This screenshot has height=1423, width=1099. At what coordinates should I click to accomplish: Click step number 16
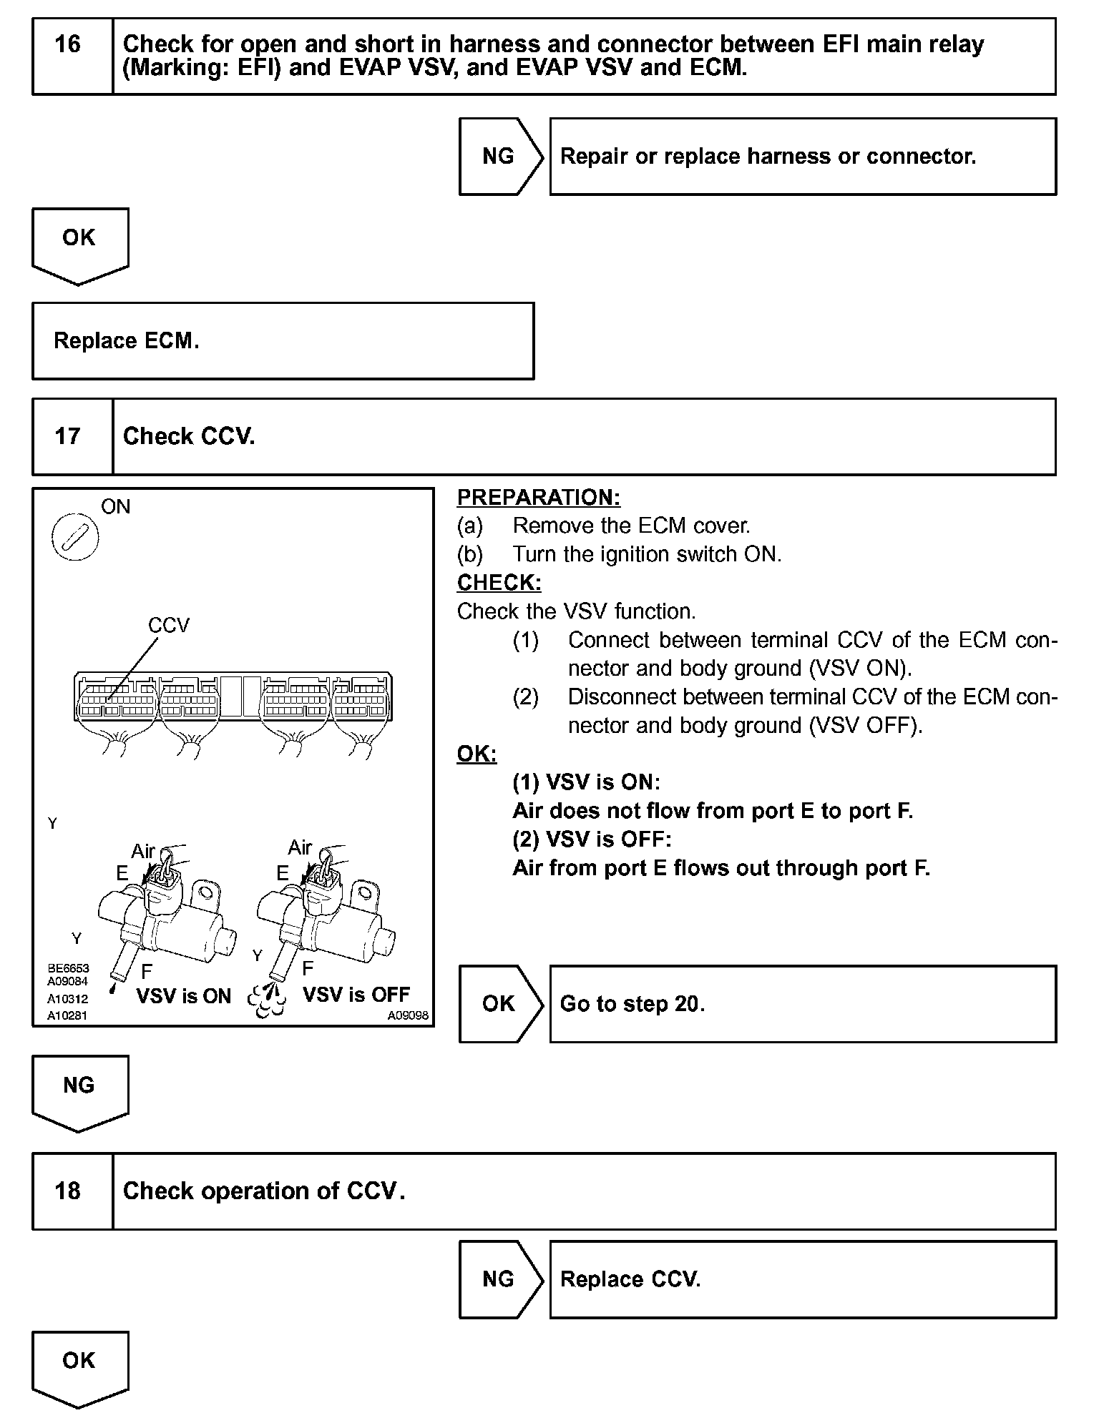[68, 44]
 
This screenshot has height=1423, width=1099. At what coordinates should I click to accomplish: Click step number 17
[68, 436]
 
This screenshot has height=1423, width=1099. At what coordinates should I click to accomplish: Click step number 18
[68, 1191]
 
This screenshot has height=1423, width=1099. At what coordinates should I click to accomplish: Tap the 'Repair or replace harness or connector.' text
[768, 157]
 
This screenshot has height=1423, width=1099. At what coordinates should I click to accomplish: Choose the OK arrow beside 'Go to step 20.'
[499, 1003]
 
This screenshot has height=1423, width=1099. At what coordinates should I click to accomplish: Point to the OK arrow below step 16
[79, 243]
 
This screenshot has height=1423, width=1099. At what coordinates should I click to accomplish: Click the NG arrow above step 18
[79, 1090]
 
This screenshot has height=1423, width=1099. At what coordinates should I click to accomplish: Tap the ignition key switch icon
[75, 537]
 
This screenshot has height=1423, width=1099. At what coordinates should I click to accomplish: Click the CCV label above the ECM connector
[169, 626]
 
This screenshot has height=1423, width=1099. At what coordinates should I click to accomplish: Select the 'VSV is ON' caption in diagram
[184, 996]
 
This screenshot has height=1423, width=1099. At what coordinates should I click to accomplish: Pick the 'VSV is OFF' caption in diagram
[356, 995]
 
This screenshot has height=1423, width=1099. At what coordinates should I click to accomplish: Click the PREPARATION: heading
[538, 497]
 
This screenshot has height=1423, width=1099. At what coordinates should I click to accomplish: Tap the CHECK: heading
[499, 583]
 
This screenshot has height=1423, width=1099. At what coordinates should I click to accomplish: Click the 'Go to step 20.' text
[632, 1004]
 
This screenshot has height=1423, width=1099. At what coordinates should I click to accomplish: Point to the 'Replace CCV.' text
[630, 1279]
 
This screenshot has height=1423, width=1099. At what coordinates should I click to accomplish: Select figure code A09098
[408, 1015]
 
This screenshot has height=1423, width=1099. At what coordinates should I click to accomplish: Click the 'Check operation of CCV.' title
[264, 1191]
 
